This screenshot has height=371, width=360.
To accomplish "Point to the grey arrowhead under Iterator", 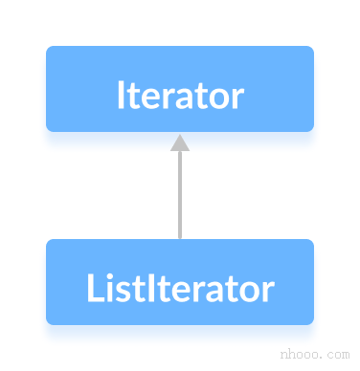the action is coord(179,142).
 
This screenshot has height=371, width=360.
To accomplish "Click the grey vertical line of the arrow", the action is coord(179,196).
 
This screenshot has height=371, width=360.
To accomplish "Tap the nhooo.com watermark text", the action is coord(315,353).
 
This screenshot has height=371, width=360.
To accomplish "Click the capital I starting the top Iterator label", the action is coord(120,97).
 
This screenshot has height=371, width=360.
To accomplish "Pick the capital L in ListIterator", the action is coord(92,288).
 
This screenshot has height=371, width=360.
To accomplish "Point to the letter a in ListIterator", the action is coord(214,290).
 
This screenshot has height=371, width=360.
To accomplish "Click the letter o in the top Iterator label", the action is coord(219,98).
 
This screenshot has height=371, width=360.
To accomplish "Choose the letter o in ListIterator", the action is coord(248,290).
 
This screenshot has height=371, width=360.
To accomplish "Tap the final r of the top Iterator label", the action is coord(237,98).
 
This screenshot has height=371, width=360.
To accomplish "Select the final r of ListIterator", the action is coord(267,290).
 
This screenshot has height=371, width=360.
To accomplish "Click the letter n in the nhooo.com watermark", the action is coord(284,354).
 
